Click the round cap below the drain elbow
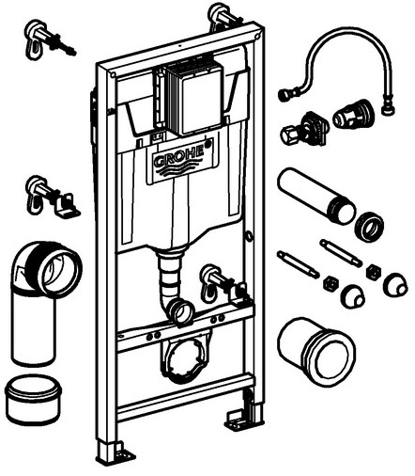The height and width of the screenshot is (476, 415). pos(34,399)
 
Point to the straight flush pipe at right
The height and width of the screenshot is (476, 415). pos(315,195)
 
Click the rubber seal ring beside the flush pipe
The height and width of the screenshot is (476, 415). pos(369,226)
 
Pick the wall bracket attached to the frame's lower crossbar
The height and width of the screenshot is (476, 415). pos(224,285)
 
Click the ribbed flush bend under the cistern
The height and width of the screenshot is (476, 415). pos(174,285)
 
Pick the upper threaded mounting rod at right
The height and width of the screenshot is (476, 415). pos(341,253)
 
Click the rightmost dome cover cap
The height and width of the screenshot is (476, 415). pos(395,284)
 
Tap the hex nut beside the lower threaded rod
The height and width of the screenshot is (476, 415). pos(331,283)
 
